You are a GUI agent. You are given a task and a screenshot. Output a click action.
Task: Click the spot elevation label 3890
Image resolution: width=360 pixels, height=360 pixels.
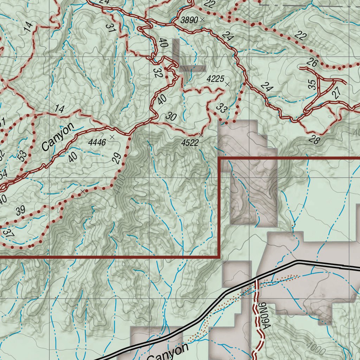[x=189, y=20]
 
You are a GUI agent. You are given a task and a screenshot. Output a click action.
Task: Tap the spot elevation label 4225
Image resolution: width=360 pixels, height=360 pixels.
[x=215, y=79]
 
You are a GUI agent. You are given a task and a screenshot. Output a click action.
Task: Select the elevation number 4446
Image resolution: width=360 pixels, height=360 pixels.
[x=97, y=142]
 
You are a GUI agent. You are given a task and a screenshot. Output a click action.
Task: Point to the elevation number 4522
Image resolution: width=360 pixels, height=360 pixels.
[x=190, y=142]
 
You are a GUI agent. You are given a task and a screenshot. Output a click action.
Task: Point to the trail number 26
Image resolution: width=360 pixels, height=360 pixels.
[x=312, y=63]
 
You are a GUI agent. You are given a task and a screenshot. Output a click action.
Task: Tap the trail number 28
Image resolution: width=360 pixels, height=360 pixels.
[x=315, y=140]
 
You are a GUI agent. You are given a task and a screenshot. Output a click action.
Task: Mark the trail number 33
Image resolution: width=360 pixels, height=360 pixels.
[x=221, y=108]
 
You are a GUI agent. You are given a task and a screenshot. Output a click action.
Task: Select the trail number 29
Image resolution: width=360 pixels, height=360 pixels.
[x=117, y=158]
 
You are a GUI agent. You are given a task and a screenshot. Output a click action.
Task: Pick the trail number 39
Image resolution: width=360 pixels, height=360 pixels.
[x=20, y=211]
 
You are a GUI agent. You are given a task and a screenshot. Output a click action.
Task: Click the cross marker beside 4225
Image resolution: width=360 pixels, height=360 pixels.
[x=227, y=84]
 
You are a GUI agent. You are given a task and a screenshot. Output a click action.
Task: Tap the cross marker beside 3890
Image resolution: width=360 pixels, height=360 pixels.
[x=202, y=20]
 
